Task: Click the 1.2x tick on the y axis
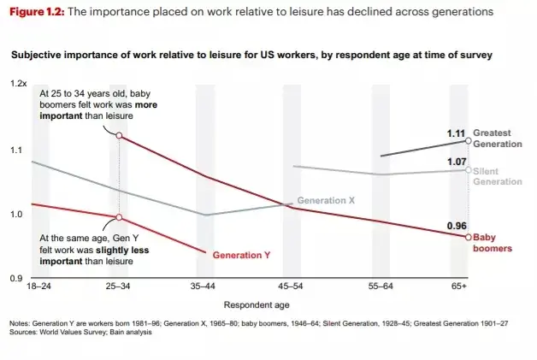[19, 84]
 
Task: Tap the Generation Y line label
[241, 255]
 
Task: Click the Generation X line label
[325, 200]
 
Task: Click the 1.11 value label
[457, 133]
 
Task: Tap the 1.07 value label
[457, 162]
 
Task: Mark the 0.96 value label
[457, 226]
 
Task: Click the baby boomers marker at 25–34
[119, 135]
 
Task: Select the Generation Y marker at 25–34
[119, 217]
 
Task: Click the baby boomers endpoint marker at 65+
[468, 237]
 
